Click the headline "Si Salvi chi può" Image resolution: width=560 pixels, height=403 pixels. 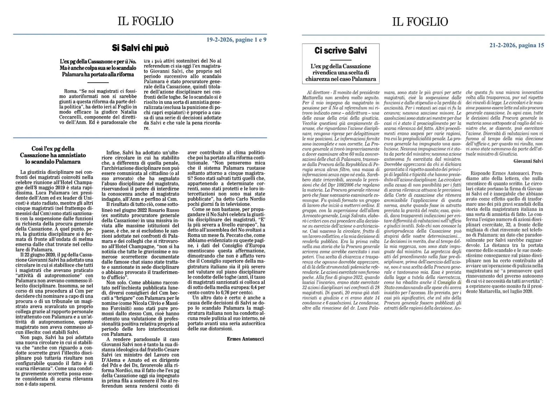coord(140,48)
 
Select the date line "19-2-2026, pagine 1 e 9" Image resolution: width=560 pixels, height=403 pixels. coord(236,40)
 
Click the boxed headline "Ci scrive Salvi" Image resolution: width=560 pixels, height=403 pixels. coord(341,51)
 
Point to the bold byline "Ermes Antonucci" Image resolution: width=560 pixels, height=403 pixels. coord(245,339)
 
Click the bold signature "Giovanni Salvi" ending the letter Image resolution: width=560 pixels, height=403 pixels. coord(528,161)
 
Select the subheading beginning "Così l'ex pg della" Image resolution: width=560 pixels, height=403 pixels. coord(52,155)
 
